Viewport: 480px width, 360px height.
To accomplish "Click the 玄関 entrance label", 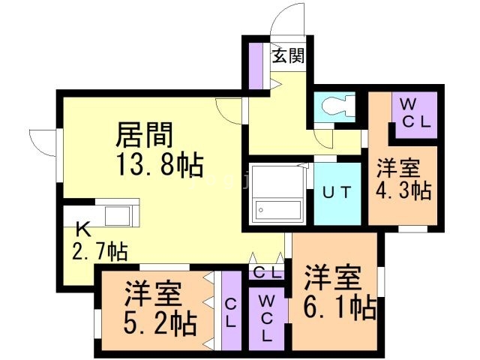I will (x=287, y=56).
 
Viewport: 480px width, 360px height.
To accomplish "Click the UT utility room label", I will (x=336, y=191).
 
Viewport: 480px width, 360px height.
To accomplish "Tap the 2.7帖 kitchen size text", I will (x=99, y=252).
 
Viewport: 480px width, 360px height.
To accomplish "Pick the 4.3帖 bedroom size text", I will (x=403, y=190).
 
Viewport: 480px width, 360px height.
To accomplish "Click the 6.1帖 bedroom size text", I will (x=340, y=308).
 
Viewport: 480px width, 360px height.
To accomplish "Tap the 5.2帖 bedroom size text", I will (x=160, y=324).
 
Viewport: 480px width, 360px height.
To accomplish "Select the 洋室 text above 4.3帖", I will (x=397, y=168).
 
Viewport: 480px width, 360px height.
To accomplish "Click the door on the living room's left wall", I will (x=43, y=145).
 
